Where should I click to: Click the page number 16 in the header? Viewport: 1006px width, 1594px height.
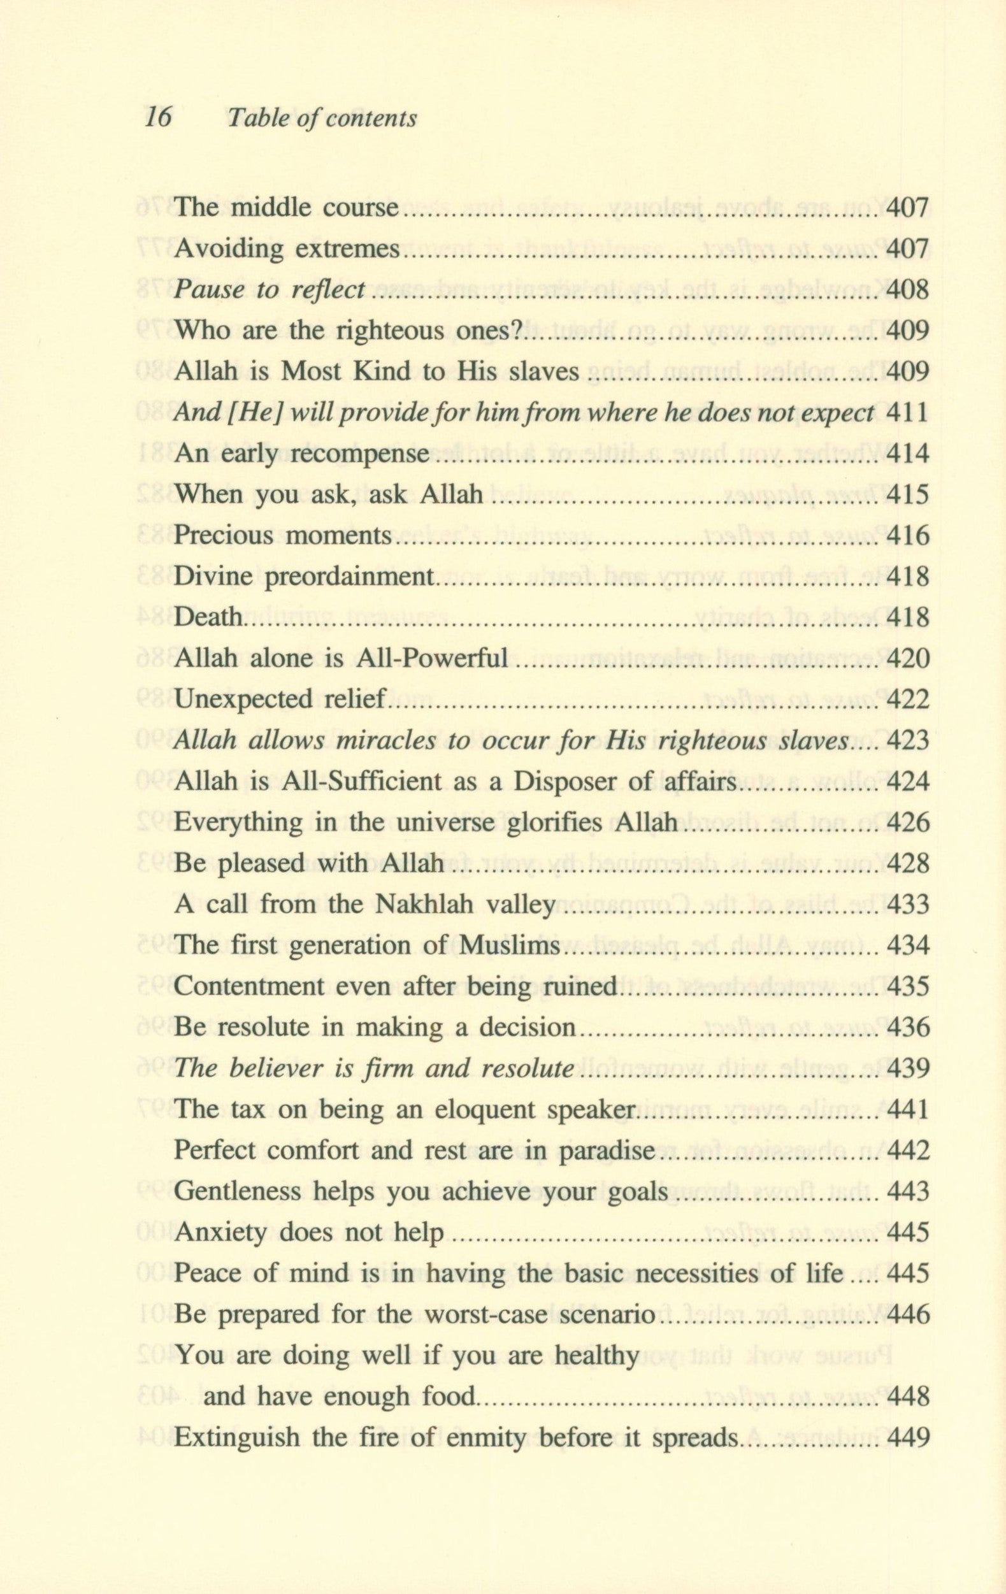pos(158,117)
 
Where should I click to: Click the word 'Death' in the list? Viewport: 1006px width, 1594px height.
pos(207,617)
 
